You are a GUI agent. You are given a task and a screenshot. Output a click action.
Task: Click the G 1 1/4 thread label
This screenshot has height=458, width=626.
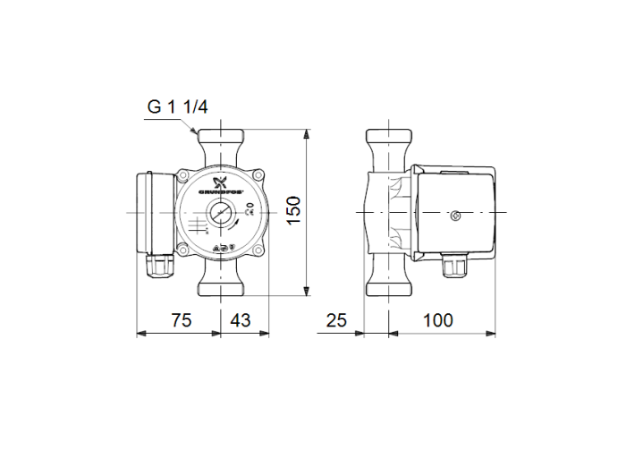[177, 107]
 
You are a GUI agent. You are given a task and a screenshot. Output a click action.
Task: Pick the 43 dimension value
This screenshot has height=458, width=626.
[241, 319]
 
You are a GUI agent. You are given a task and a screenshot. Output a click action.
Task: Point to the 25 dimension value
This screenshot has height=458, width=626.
[336, 319]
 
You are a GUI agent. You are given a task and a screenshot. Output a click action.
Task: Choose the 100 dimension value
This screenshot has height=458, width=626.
[439, 319]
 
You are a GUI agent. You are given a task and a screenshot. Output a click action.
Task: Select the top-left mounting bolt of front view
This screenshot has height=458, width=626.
[183, 175]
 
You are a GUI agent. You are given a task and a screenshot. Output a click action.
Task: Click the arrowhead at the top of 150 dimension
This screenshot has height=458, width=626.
[307, 135]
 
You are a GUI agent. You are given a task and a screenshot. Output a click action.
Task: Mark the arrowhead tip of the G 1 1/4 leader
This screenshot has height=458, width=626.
[199, 135]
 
